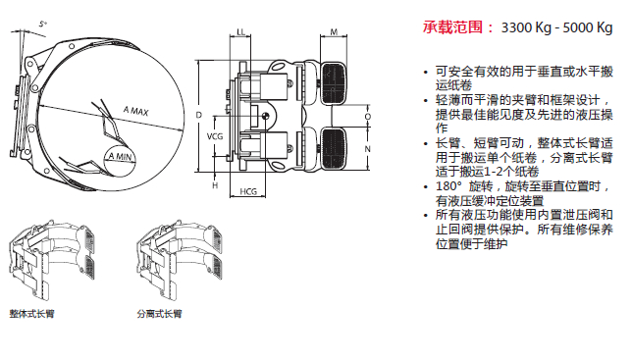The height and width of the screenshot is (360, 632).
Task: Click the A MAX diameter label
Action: click(135, 111)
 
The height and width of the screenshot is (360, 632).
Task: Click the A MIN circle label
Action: click(120, 156)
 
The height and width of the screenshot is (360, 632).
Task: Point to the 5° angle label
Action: click(43, 25)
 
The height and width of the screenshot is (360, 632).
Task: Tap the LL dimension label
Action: click(240, 32)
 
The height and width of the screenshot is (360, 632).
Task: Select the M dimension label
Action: click(334, 32)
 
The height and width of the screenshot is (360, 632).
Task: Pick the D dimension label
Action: click(198, 115)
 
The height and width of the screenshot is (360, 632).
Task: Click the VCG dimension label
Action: click(215, 136)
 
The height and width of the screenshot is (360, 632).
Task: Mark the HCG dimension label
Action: click(248, 191)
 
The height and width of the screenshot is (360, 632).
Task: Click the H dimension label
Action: click(215, 185)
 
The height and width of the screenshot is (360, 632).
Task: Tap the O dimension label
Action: click(368, 117)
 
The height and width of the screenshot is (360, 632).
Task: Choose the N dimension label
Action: click(368, 149)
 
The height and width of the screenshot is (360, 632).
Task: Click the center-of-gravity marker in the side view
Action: click(265, 117)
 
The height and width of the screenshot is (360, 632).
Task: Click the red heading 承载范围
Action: click(453, 27)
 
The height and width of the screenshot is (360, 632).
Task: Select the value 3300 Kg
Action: click(526, 27)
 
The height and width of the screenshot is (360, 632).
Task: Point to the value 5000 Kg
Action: click(588, 27)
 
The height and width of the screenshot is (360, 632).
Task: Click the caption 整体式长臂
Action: click(31, 314)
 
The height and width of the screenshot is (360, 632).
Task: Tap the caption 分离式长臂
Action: click(159, 314)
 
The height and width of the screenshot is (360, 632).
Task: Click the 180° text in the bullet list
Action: click(448, 186)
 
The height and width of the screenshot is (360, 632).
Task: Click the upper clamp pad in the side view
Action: click(334, 83)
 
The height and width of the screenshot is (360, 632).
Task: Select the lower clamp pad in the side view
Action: click(334, 148)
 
